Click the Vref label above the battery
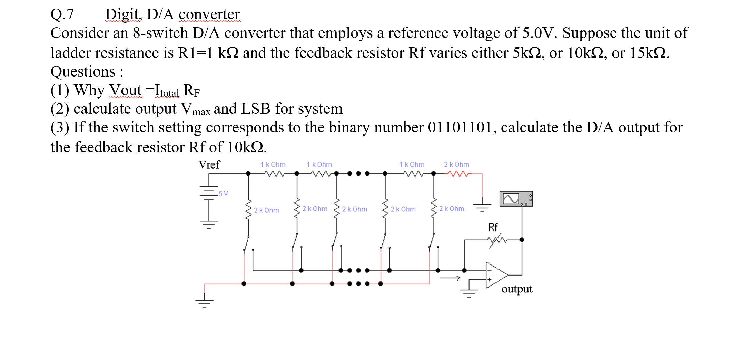(x=209, y=165)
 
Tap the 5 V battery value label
(x=223, y=193)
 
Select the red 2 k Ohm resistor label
(x=456, y=164)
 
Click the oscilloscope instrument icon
(x=516, y=199)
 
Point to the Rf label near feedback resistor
(x=493, y=227)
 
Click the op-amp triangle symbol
(x=496, y=275)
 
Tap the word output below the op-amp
(x=516, y=289)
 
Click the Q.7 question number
(x=62, y=14)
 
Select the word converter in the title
(x=209, y=14)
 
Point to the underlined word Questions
(x=83, y=72)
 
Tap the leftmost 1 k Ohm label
(x=273, y=164)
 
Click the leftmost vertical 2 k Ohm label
(x=266, y=210)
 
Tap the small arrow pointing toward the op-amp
(x=450, y=278)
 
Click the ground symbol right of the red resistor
(x=482, y=206)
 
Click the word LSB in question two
(x=255, y=109)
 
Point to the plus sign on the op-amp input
(x=489, y=279)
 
